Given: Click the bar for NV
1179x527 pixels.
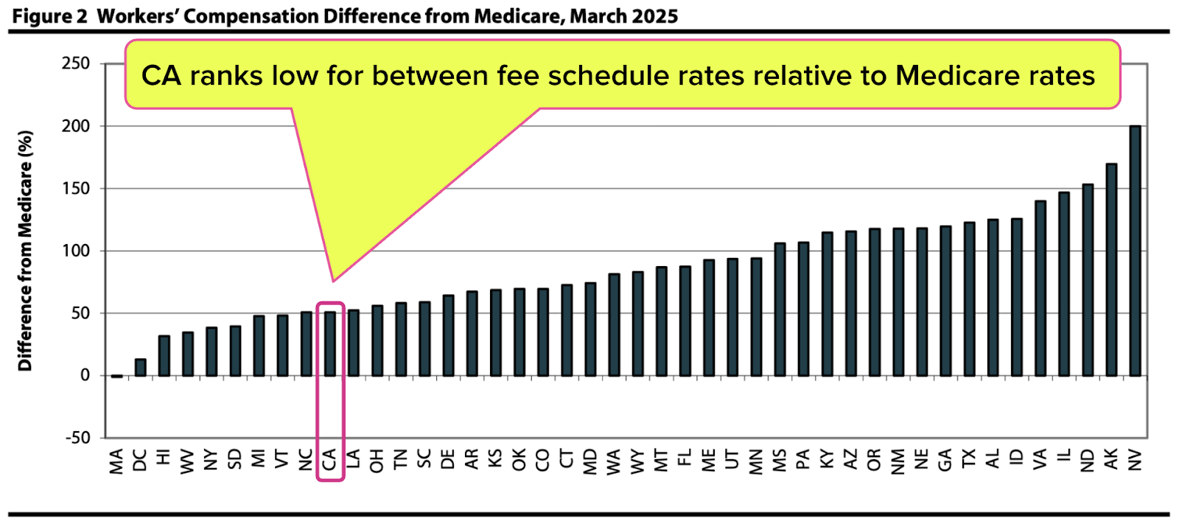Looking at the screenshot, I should pyautogui.click(x=1135, y=251).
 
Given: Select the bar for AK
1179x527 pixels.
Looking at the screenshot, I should pyautogui.click(x=1111, y=270).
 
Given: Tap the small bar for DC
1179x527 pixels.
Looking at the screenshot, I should pyautogui.click(x=140, y=368).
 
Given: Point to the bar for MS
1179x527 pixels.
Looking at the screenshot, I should pyautogui.click(x=780, y=310).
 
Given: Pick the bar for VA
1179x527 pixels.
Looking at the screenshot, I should pyautogui.click(x=1040, y=288).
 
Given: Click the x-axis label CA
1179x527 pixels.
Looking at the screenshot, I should pyautogui.click(x=329, y=460).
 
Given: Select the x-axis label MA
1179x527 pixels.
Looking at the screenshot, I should pyautogui.click(x=116, y=461).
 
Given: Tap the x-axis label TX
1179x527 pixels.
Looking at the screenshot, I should pyautogui.click(x=969, y=458).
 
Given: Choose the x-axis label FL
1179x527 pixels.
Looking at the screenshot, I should pyautogui.click(x=685, y=458).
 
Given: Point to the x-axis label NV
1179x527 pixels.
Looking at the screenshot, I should pyautogui.click(x=1135, y=460).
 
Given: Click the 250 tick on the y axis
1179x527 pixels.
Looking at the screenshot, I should pyautogui.click(x=76, y=63).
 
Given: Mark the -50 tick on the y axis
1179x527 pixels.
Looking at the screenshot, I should pyautogui.click(x=77, y=438).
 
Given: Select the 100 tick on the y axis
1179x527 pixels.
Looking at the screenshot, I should pyautogui.click(x=76, y=251).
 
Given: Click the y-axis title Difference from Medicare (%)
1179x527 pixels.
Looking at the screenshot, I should pyautogui.click(x=26, y=251).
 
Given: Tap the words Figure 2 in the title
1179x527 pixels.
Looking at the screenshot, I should pyautogui.click(x=49, y=16).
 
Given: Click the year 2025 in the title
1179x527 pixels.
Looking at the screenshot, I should pyautogui.click(x=654, y=16).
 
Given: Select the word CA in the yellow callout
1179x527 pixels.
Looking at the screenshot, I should pyautogui.click(x=161, y=76).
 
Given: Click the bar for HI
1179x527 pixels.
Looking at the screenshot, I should pyautogui.click(x=164, y=356).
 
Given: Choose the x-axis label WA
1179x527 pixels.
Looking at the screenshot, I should pyautogui.click(x=614, y=461).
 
